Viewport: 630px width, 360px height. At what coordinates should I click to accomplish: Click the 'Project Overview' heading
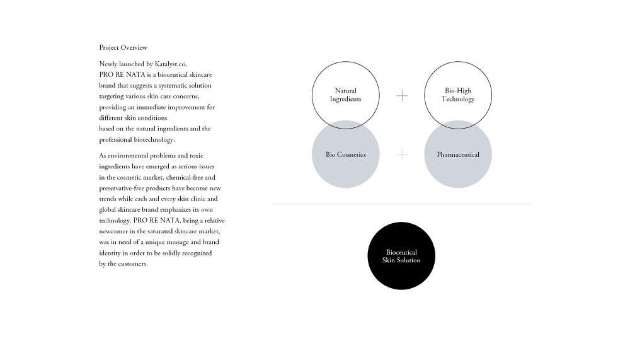click(x=123, y=47)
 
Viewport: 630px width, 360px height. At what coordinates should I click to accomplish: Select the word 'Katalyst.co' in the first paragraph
click(x=171, y=64)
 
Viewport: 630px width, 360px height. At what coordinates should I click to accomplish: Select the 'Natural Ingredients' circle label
click(x=346, y=95)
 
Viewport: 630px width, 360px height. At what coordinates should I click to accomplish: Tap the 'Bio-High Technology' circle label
click(x=458, y=95)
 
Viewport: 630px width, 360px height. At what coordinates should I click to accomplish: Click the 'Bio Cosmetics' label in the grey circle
click(x=346, y=154)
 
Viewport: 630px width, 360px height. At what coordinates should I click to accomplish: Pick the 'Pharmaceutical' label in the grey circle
click(x=458, y=154)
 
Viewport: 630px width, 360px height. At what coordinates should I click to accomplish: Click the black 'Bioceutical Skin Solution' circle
click(x=401, y=256)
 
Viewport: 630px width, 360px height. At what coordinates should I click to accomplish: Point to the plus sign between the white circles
click(x=402, y=96)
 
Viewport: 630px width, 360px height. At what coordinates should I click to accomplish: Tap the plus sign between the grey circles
click(x=402, y=154)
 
